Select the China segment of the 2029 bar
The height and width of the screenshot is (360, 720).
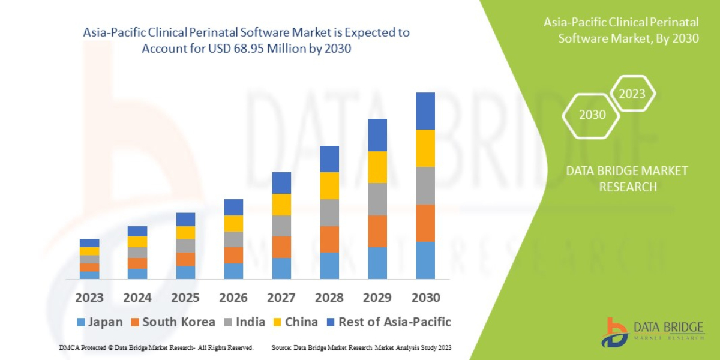377,167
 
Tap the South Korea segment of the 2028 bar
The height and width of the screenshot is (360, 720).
329,239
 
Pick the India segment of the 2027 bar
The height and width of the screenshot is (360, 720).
281,226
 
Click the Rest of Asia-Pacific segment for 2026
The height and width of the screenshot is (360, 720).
233,207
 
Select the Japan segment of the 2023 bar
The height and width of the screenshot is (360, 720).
89,275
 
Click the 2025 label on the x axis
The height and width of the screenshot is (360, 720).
185,298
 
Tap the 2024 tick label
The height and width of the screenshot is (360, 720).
137,298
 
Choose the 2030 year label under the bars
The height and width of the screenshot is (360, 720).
425,298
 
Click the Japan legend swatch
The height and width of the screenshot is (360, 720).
82,322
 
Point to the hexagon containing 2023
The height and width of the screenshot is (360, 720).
632,94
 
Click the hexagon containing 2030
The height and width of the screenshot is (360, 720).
592,115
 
